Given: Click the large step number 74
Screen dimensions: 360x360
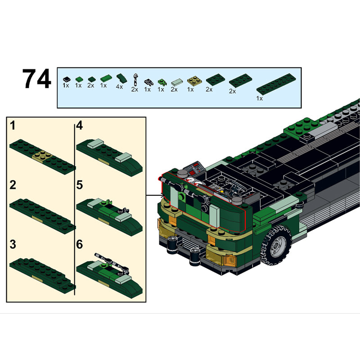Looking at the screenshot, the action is pos(36,78).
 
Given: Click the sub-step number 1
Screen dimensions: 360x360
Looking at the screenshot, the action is pos(13,126).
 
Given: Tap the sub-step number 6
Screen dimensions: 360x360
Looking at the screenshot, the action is pos(80,244).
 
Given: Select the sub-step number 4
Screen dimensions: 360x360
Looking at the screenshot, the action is pos(80,126).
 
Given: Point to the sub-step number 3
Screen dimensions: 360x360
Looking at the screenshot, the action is pos(13,244).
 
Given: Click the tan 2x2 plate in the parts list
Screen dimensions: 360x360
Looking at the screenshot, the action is pos(194,81).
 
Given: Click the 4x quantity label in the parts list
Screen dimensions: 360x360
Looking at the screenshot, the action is pos(119,87).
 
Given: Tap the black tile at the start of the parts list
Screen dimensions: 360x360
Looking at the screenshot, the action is pos(67,80).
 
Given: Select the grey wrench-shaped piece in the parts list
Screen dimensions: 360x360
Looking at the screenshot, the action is pos(136,80).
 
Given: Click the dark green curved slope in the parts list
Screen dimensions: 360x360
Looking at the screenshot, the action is pos(121,78).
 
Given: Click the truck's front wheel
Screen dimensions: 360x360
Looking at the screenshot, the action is pos(276,244).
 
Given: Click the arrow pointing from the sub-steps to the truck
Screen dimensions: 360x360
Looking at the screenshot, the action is pos(156,196).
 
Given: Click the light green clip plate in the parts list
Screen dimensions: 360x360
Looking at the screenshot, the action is pos(162,82).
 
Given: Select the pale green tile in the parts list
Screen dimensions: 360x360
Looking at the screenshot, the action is pos(177,82).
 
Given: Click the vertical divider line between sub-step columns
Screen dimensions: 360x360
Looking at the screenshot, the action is pos(75,209).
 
